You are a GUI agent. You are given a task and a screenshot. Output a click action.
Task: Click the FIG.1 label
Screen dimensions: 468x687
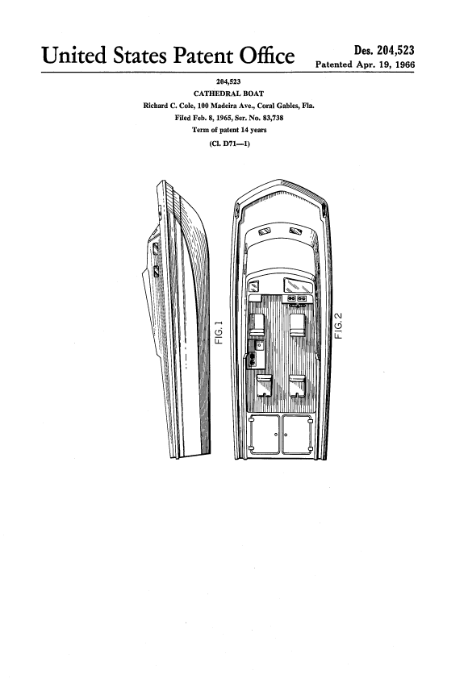[219, 332]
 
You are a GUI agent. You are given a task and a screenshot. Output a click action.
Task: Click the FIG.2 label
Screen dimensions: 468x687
[338, 326]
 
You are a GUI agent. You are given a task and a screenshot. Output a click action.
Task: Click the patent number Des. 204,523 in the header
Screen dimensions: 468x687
[384, 50]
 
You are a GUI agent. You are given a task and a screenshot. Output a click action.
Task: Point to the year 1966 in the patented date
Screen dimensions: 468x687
[404, 65]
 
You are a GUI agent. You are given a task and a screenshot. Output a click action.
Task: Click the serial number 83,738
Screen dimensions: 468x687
[273, 118]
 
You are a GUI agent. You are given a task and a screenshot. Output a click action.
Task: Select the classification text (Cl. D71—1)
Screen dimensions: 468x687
[229, 144]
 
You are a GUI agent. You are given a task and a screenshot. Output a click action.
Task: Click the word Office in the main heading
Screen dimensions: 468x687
[266, 56]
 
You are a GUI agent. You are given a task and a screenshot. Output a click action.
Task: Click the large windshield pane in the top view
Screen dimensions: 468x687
[299, 285]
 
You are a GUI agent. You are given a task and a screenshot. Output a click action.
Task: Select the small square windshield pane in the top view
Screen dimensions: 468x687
[253, 287]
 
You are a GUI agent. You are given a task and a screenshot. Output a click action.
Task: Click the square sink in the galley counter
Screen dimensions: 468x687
[259, 345]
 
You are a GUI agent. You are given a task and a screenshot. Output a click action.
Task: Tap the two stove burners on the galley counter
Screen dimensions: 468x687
[253, 359]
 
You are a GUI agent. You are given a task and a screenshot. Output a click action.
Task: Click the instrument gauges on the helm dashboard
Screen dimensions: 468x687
[296, 298]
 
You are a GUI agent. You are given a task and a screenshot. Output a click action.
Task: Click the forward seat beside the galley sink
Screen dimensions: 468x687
[257, 325]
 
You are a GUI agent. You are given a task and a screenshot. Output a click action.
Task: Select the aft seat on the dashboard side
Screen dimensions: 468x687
[297, 385]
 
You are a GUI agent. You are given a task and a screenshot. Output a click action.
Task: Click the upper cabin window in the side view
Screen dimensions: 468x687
[156, 248]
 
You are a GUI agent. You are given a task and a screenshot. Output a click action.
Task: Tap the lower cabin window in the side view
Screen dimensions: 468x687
[156, 272]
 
